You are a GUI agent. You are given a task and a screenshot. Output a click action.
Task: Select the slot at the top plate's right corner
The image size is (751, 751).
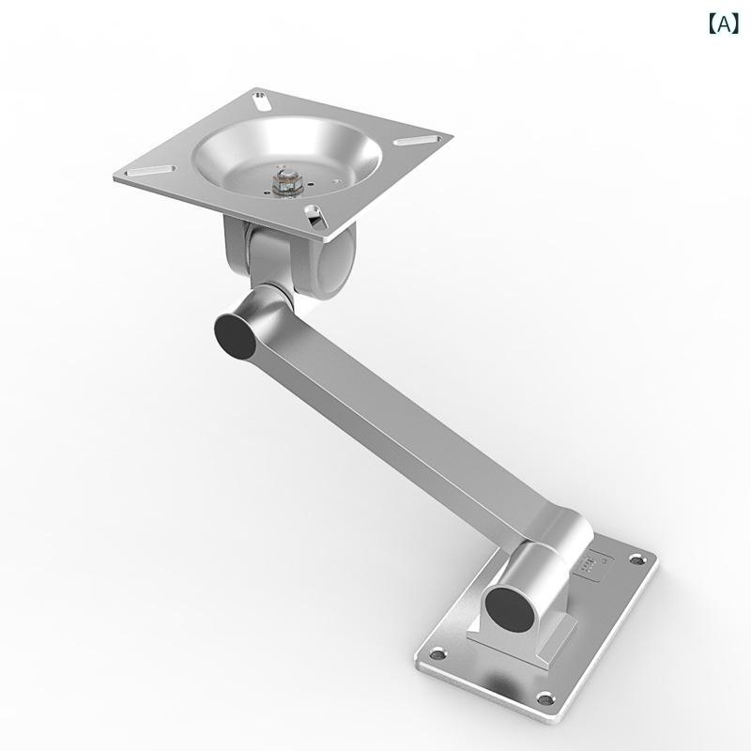(x=418, y=140)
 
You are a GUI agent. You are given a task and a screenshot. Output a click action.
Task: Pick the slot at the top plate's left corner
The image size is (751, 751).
(x=149, y=171)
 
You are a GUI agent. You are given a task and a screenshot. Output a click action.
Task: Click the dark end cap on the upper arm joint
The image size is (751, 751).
(x=236, y=337)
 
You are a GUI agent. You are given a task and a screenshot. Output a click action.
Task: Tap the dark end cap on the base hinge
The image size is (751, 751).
(x=510, y=608)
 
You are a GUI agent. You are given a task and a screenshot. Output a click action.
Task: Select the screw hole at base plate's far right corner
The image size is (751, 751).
(x=636, y=559)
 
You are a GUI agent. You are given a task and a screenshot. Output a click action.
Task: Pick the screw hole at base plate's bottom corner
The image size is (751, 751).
(x=544, y=698)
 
